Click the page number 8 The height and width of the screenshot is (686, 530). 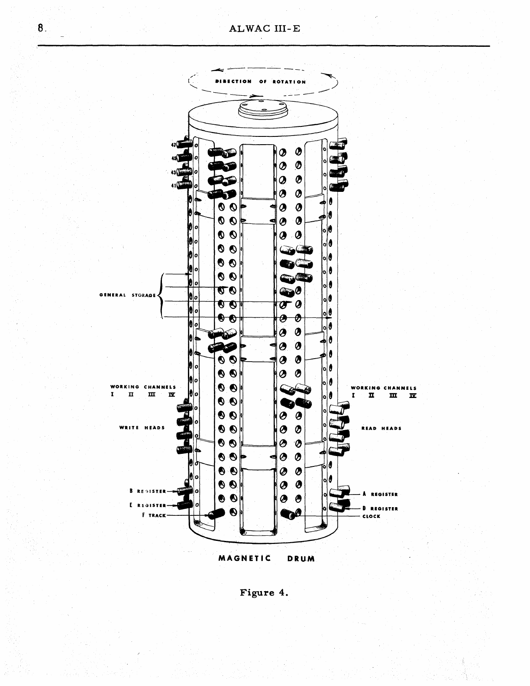point(40,29)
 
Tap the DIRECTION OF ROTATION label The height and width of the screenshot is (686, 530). point(261,81)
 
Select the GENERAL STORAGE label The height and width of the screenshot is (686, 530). point(127,295)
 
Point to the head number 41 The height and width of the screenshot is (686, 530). point(174,185)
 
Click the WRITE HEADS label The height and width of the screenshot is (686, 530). point(142,428)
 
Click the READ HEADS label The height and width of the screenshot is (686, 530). point(381,428)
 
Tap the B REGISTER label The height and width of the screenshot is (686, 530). point(148,491)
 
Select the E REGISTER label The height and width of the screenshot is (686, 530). point(148,505)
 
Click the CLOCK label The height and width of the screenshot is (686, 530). point(371,516)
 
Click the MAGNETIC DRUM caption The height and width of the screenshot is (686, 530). point(267,558)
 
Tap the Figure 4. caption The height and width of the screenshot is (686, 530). point(264,592)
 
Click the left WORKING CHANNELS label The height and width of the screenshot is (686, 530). point(143,387)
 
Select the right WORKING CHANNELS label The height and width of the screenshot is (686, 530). point(384,388)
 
